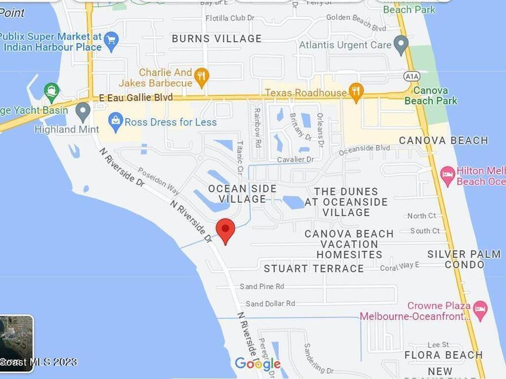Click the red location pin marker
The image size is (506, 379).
coord(226,230)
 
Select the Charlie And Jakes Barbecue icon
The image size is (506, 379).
coord(202,76)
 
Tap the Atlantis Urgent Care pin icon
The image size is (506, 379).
coord(401,45)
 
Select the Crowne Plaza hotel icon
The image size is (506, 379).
coord(480,309)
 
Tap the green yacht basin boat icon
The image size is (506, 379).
coord(51,91)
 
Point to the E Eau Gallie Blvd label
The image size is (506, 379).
coord(136,98)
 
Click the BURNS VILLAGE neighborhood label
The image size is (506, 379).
coord(216,38)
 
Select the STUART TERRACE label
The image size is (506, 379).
coord(314,268)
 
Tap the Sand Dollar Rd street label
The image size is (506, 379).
coord(270,303)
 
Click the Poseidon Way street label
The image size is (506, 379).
coord(158,181)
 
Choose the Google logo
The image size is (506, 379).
coord(257,364)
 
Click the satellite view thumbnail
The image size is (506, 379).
coord(17,343)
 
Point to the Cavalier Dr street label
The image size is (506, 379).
coord(295,159)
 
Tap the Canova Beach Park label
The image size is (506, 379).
coord(431,96)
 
